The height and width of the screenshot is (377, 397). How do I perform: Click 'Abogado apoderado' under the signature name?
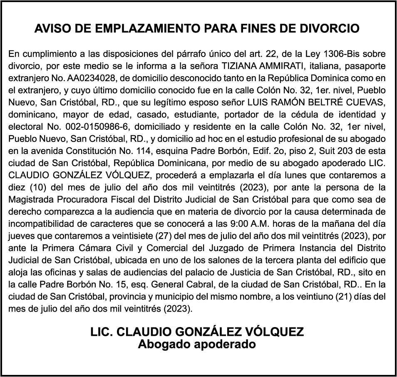coord(197,344)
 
